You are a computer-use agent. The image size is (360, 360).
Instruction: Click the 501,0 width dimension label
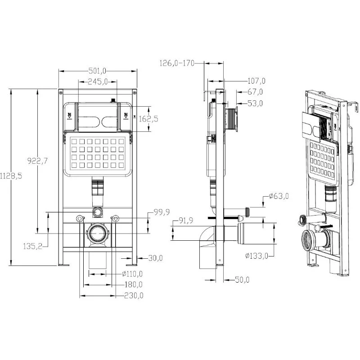(x=97, y=71)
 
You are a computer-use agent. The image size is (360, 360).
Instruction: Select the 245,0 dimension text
(x=98, y=81)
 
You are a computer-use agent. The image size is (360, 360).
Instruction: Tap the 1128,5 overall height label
(x=11, y=176)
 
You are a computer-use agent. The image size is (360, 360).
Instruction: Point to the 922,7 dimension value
(x=37, y=161)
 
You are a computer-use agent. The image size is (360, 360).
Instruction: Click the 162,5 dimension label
(x=148, y=119)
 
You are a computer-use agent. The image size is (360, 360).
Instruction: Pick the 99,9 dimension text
(x=162, y=212)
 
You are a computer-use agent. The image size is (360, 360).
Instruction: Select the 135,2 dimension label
(x=32, y=246)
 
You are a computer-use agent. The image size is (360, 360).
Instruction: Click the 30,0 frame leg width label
(x=155, y=258)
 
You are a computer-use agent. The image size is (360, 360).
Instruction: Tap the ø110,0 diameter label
(x=132, y=274)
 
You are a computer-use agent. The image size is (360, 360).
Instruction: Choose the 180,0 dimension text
(x=133, y=284)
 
